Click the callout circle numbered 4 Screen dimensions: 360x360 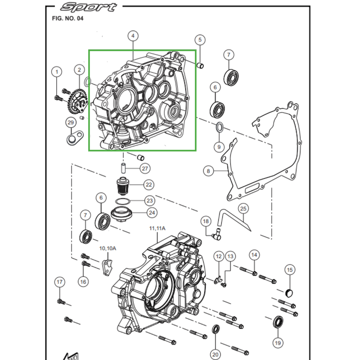(133, 36)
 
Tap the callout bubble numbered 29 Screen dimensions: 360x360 (70, 123)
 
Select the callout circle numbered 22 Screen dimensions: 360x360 (148, 184)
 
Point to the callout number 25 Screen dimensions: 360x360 (243, 209)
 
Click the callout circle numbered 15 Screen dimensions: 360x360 (289, 270)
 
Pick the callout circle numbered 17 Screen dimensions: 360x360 (60, 282)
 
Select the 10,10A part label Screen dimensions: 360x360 (108, 248)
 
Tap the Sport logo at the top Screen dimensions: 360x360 (89, 7)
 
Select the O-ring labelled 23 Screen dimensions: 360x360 (122, 201)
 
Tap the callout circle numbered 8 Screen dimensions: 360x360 (207, 171)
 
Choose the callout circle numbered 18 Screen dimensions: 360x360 (206, 221)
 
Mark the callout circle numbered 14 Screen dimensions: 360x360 (254, 255)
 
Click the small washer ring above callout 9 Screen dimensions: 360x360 (219, 128)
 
